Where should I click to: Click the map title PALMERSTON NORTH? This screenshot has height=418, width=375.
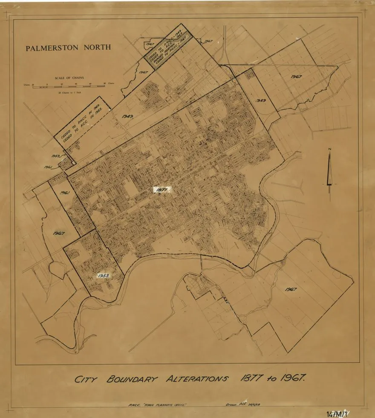tap(68, 48)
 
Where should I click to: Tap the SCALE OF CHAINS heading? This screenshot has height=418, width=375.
tap(69, 78)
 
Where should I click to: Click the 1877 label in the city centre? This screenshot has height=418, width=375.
tap(162, 190)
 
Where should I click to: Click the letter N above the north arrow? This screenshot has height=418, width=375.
tap(329, 149)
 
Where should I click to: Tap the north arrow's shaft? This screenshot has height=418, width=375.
tap(329, 170)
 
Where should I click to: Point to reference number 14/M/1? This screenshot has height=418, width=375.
tap(337, 413)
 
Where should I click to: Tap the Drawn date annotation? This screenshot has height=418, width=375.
tap(242, 404)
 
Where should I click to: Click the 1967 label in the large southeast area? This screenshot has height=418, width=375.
tap(291, 289)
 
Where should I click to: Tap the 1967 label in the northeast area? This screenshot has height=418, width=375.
tap(297, 77)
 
